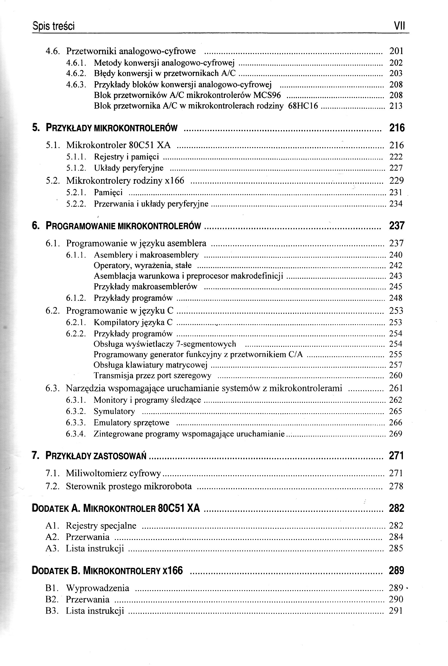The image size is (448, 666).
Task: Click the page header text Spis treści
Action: [x=53, y=26]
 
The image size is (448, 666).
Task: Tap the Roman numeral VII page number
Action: [x=399, y=26]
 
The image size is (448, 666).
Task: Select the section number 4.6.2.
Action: [x=76, y=73]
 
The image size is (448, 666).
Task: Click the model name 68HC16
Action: [x=303, y=106]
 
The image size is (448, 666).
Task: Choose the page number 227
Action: [x=396, y=168]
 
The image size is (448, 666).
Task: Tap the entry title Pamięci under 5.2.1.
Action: [x=108, y=192]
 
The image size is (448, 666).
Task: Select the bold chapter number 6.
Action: [x=35, y=226]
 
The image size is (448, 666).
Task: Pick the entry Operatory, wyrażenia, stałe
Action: [x=143, y=265]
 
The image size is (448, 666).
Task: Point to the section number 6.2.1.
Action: [x=76, y=322]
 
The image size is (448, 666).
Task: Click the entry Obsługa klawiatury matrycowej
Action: [x=150, y=365]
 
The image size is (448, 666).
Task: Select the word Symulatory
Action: [x=114, y=411]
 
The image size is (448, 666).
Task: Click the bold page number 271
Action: [x=396, y=455]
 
